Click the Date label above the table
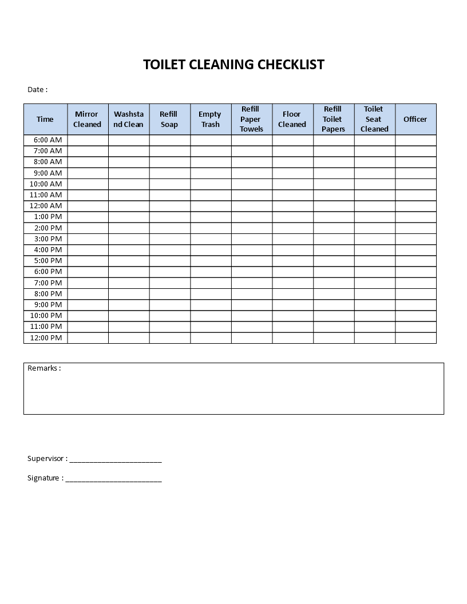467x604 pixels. [37, 89]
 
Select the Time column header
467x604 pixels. [45, 120]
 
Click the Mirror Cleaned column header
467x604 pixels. [88, 120]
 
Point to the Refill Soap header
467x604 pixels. [169, 120]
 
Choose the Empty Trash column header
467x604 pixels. [210, 120]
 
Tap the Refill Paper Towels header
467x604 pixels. [251, 120]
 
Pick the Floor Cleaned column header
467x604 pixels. [292, 120]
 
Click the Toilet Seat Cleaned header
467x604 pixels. [374, 120]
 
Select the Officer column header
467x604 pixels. [415, 120]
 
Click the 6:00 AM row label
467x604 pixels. [48, 140]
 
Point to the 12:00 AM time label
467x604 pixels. [46, 206]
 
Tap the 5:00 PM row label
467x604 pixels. [48, 261]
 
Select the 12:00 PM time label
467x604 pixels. [46, 338]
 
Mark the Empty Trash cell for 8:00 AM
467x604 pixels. [211, 162]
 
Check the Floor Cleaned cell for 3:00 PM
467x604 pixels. [292, 239]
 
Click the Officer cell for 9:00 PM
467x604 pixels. [415, 305]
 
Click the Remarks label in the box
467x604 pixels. [44, 368]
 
